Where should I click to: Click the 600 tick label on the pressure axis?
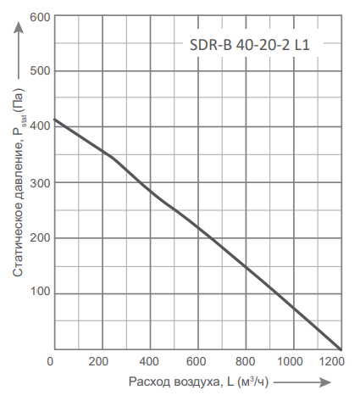coord(40,16)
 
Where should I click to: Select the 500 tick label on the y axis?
coord(40,71)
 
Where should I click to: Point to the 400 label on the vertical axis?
coord(40,127)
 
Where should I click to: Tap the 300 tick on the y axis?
coord(40,182)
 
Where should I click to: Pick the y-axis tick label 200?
coord(40,238)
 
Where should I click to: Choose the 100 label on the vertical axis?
coord(40,293)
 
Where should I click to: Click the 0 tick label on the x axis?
coord(53,363)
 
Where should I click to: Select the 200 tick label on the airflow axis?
coord(102,363)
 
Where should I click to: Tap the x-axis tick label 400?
coord(150,363)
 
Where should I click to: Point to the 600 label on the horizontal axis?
coord(198,363)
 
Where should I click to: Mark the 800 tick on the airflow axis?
coord(246,363)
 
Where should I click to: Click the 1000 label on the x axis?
coord(292,363)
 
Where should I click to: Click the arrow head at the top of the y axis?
coord(18,25)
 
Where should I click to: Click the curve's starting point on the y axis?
coord(53,120)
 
